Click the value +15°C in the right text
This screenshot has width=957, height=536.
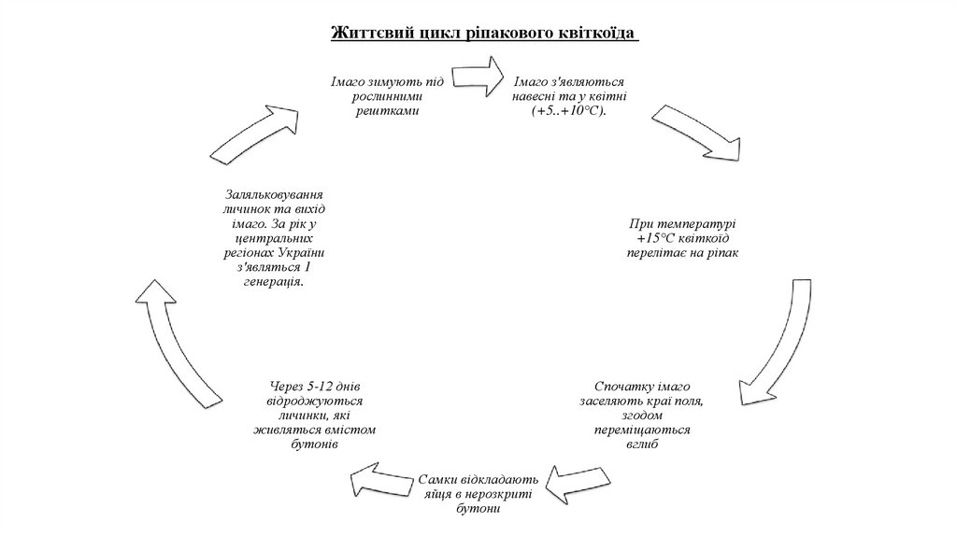657,238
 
